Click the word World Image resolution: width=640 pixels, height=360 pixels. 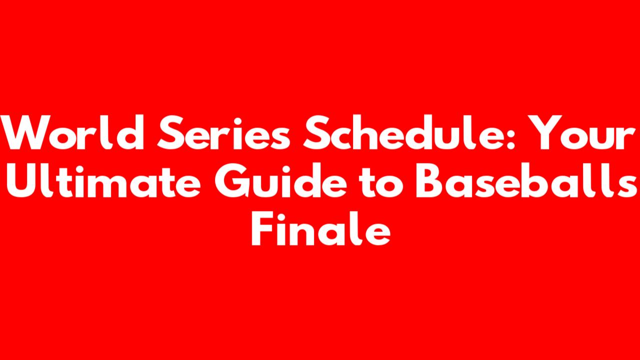pos(72,132)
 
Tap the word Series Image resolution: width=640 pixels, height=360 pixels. pos(223,132)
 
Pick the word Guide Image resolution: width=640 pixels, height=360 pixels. pos(281,180)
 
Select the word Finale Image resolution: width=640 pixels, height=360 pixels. pos(321,228)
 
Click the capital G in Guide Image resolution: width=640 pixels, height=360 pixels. pos(231,180)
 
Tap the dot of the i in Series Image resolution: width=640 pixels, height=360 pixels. pos(238,121)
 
